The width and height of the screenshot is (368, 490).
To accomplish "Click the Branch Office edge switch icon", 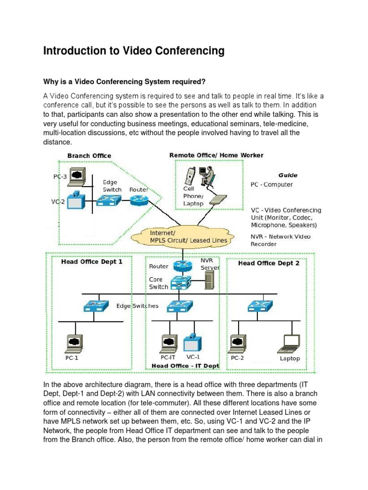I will click(x=109, y=201).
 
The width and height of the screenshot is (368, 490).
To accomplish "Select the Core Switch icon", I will click(x=182, y=283).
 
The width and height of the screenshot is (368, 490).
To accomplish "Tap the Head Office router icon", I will click(x=182, y=265).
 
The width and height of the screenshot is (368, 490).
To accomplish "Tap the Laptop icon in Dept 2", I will click(x=290, y=343).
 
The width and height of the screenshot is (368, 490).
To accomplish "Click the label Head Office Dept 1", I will click(x=92, y=262).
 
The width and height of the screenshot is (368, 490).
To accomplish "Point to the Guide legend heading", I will click(x=287, y=175).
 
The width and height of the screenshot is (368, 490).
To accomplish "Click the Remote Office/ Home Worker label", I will click(x=216, y=155).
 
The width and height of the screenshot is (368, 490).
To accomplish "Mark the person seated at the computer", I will click(x=207, y=176).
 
